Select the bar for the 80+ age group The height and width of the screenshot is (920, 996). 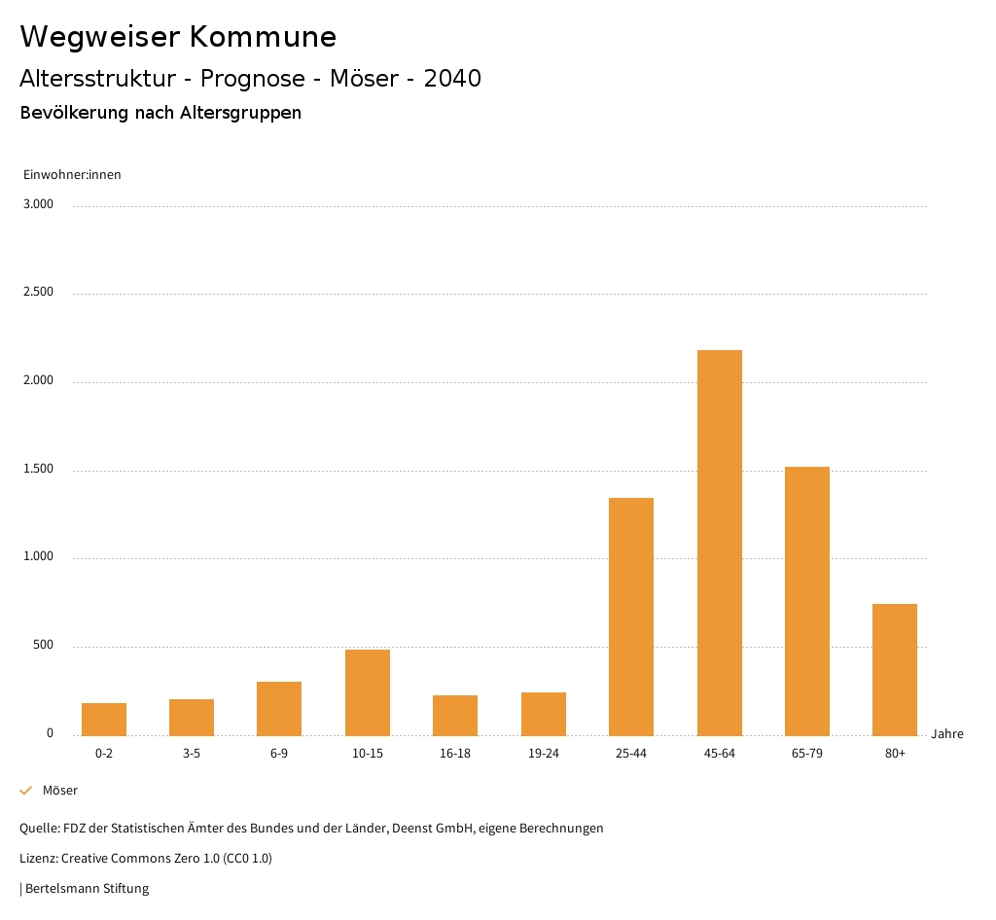click(x=895, y=670)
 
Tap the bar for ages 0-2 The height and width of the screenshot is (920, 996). click(x=104, y=719)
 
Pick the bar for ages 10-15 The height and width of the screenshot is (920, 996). click(x=368, y=692)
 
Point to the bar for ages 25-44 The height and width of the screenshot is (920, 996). click(x=631, y=617)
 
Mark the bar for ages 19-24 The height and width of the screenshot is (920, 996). click(x=544, y=714)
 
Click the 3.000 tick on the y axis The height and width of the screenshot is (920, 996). click(x=39, y=204)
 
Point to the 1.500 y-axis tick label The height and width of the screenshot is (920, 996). click(x=39, y=470)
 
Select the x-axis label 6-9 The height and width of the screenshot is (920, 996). click(x=279, y=754)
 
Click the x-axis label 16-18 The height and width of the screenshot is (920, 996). click(x=455, y=754)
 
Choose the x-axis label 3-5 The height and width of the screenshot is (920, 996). click(x=192, y=754)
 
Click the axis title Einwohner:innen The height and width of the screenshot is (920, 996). click(x=72, y=175)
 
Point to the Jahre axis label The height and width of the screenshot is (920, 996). click(x=947, y=734)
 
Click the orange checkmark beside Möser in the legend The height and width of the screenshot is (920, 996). click(x=26, y=791)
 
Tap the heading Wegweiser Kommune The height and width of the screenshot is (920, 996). click(x=178, y=37)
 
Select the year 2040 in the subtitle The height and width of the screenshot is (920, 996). click(x=452, y=79)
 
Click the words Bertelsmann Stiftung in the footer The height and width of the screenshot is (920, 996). click(x=87, y=889)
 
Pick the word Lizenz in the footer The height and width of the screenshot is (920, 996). click(x=38, y=859)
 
